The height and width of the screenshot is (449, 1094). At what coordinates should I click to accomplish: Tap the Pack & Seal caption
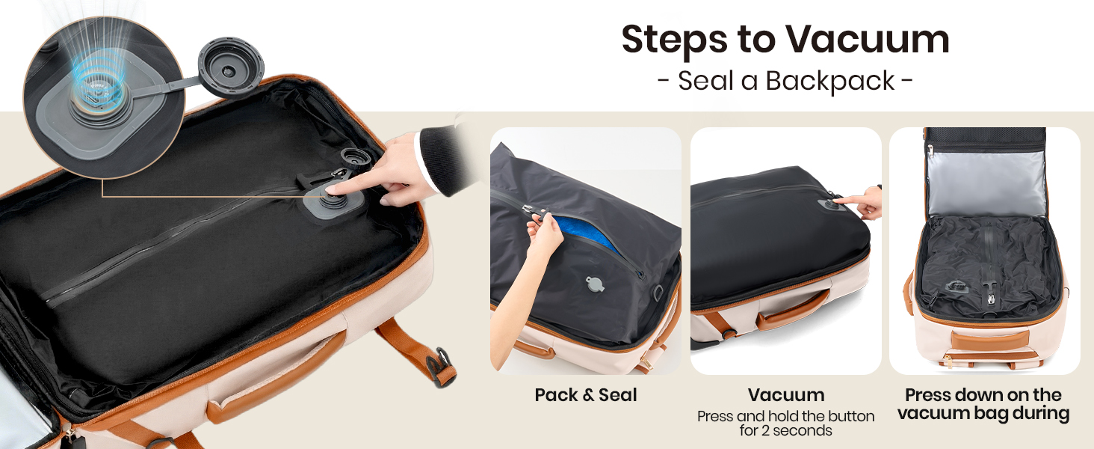[586, 395]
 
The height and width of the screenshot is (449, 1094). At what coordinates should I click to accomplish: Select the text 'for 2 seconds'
[785, 430]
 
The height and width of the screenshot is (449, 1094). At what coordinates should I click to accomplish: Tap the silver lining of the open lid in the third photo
[985, 183]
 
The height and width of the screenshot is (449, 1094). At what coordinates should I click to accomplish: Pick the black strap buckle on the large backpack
[441, 367]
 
